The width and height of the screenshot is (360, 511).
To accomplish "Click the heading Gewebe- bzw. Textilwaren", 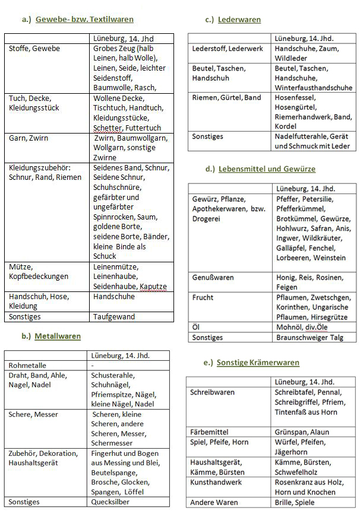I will (84, 20).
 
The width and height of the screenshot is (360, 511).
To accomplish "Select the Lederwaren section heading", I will (239, 20).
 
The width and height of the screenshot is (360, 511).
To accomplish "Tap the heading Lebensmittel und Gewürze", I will (267, 169).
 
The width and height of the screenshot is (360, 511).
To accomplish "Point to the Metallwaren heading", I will (58, 336).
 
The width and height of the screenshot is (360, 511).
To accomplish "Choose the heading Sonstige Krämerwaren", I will (258, 362).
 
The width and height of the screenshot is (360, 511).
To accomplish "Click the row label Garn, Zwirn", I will (29, 138).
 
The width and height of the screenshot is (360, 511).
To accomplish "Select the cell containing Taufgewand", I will (114, 317).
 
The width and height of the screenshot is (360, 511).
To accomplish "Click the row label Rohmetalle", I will (27, 366).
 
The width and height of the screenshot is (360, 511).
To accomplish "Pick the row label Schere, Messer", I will (34, 414).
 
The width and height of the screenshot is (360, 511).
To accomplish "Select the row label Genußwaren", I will (213, 278).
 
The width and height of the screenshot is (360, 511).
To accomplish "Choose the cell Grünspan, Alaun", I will (302, 431).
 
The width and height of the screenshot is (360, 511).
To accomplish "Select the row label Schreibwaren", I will (213, 392).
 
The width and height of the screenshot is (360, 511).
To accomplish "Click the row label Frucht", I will (203, 297).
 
